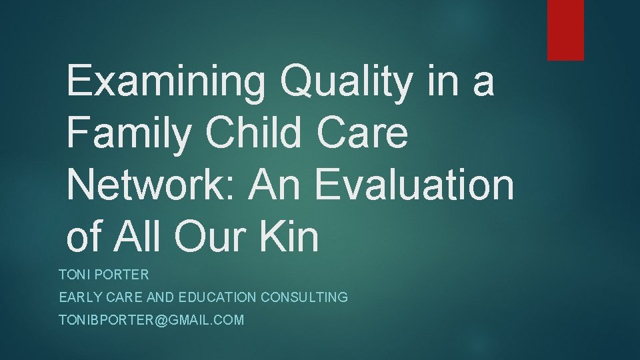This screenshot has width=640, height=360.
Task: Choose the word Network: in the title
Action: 153,186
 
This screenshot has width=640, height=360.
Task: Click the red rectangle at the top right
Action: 565,30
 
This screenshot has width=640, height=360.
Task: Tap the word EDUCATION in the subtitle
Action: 213,297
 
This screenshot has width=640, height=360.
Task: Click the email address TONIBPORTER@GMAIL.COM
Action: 151,321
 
